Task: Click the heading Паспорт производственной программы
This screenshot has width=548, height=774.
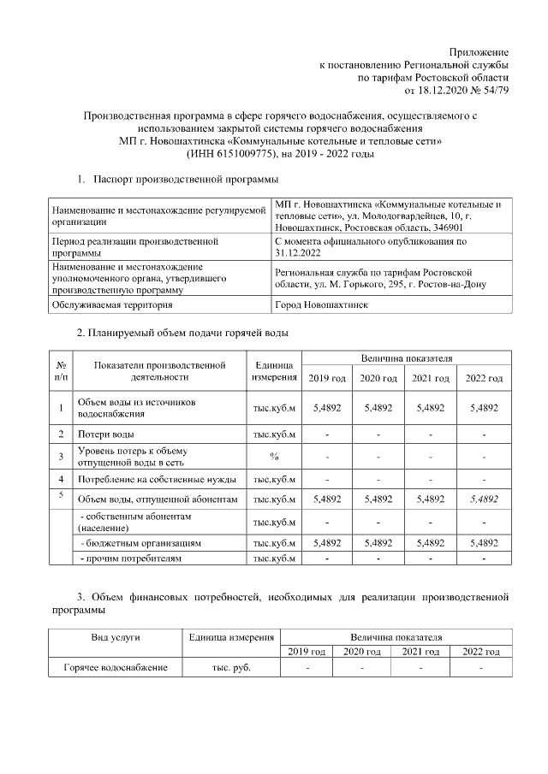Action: point(184,180)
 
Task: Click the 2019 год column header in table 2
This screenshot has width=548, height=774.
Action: point(327,378)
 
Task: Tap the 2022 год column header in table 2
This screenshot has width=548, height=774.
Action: point(483,378)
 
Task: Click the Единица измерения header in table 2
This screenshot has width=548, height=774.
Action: point(274,371)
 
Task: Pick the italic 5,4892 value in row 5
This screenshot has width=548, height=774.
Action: point(483,499)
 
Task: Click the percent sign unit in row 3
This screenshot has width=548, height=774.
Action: point(274,455)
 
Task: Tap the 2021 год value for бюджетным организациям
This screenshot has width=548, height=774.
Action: point(431,542)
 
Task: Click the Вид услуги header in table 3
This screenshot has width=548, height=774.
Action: point(116,637)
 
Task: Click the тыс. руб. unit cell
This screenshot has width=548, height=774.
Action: point(231,668)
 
